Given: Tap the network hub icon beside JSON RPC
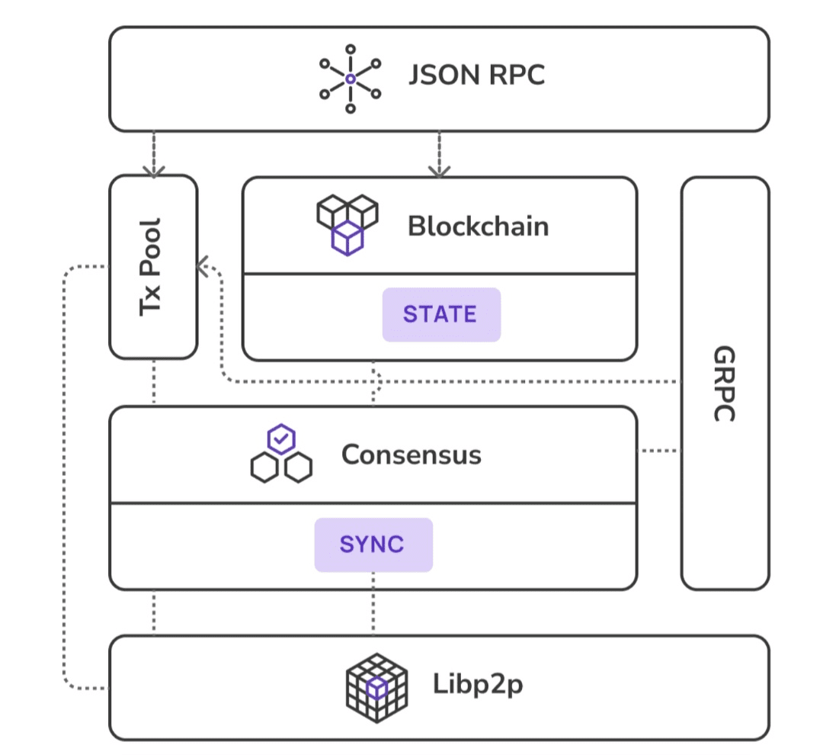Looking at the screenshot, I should point(350,79).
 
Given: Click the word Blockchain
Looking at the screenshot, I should point(478,226).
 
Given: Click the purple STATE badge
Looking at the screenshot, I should point(441,314).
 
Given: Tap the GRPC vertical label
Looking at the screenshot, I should point(724,384).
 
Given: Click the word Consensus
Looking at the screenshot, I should point(411,455).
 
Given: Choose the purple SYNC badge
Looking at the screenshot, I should point(373,545).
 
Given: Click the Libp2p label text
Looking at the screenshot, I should point(478,685).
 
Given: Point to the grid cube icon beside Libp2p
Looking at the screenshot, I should point(376,686).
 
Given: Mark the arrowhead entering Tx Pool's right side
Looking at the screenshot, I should point(203,265).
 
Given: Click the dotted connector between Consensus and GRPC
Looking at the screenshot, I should point(658,451).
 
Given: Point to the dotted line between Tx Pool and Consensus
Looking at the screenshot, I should point(154,382).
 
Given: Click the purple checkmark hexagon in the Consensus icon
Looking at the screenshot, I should point(281,439).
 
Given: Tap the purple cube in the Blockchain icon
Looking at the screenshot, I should point(347,238).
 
